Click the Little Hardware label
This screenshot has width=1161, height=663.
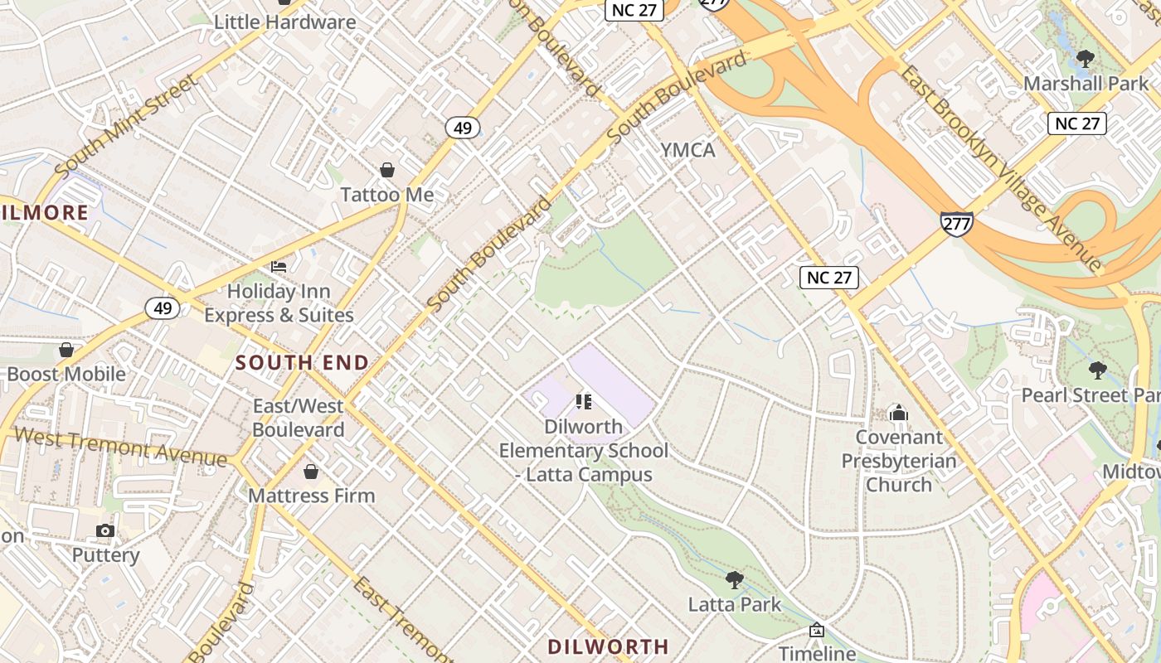click(x=284, y=22)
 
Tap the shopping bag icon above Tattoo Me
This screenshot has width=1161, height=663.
click(x=386, y=170)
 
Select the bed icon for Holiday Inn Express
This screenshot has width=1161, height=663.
click(x=279, y=267)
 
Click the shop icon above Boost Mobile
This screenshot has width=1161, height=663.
click(x=66, y=350)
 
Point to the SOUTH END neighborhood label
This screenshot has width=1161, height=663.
click(x=302, y=363)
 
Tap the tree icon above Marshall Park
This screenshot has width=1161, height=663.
click(x=1085, y=59)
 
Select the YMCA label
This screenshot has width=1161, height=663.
click(x=687, y=150)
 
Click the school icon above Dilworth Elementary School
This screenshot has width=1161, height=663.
click(x=583, y=402)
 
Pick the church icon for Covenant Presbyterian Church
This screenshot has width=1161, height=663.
click(x=898, y=413)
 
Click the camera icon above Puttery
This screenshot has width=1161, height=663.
click(x=104, y=530)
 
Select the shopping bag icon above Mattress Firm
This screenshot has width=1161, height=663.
click(x=311, y=472)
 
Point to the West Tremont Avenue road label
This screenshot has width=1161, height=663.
click(x=120, y=447)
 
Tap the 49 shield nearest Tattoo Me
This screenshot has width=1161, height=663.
click(x=462, y=128)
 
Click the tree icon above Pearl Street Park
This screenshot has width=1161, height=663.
click(x=1098, y=370)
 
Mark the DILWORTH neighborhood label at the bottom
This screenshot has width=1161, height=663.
click(x=608, y=646)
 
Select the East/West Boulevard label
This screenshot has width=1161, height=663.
click(x=299, y=418)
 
